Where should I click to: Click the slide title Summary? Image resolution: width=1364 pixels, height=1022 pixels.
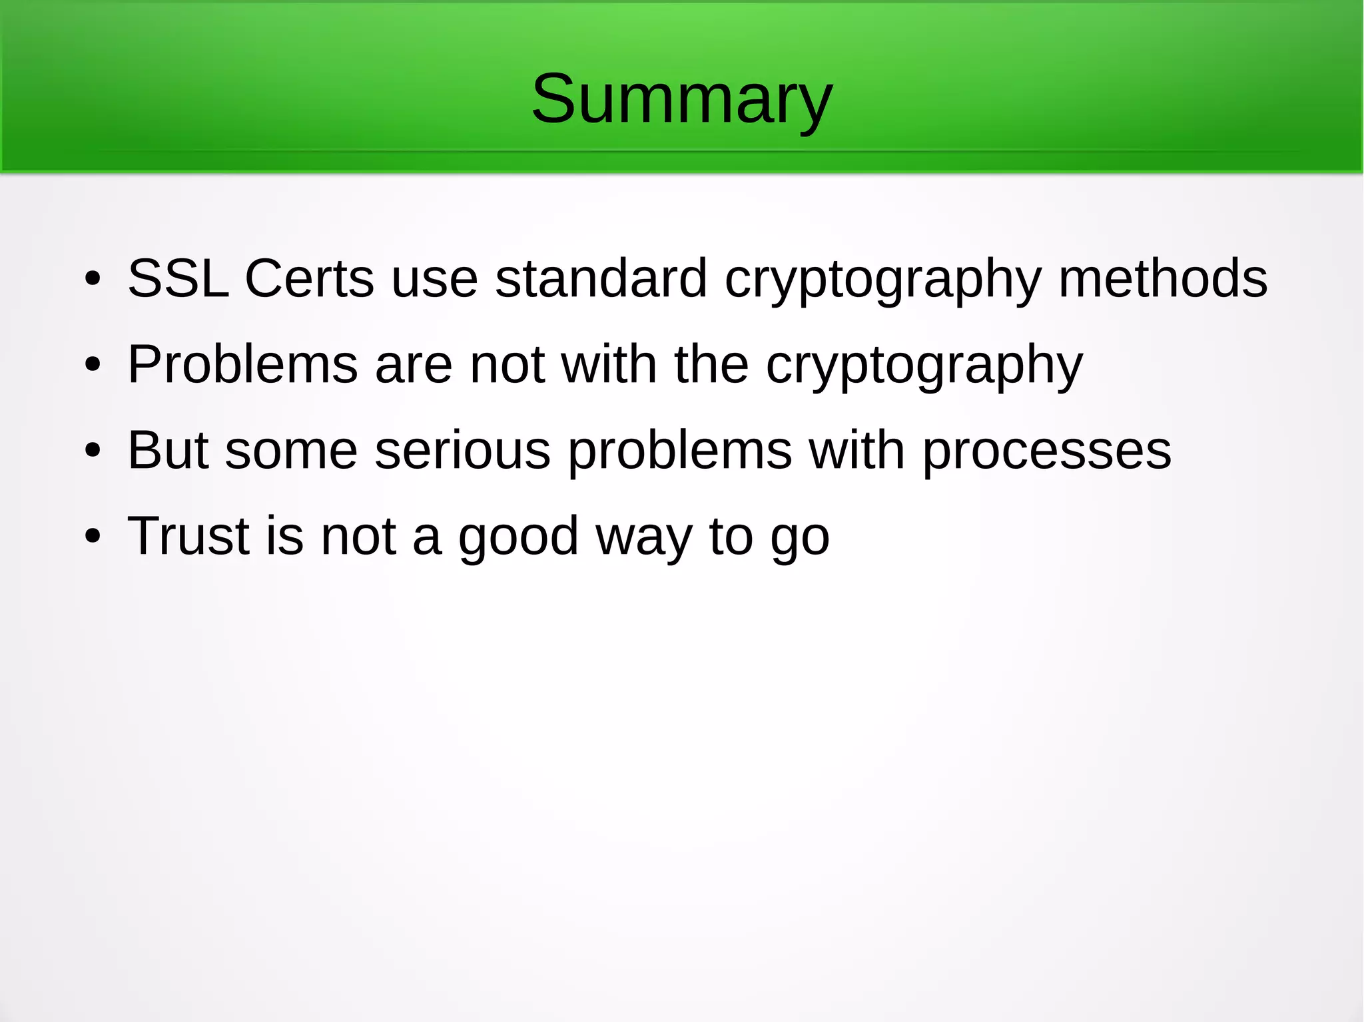(x=681, y=100)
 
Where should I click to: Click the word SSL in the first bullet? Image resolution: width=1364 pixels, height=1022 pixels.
(x=177, y=278)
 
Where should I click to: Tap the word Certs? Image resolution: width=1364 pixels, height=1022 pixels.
(x=309, y=278)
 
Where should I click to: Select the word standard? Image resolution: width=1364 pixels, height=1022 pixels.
(x=601, y=278)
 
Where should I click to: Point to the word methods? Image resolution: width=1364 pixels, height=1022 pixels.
(x=1162, y=278)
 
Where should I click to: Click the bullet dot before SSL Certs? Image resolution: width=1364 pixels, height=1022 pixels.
(x=93, y=280)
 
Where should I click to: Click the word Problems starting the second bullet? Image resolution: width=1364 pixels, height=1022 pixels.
(x=242, y=365)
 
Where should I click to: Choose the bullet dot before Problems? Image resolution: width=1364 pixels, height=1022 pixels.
(x=93, y=366)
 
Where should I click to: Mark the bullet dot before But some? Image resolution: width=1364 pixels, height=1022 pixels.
(x=93, y=451)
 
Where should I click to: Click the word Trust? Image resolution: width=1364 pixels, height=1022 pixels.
(x=188, y=536)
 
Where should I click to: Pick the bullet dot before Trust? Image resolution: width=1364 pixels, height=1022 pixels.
(x=93, y=537)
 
